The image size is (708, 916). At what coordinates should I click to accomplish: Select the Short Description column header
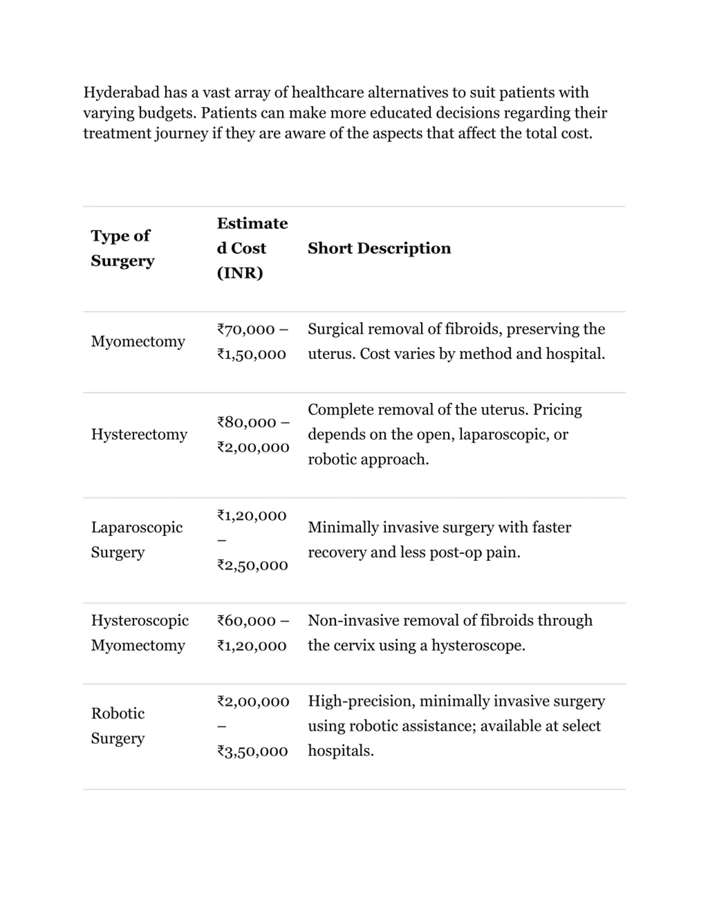coord(379,248)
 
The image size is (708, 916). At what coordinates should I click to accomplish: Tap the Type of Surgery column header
coord(123,248)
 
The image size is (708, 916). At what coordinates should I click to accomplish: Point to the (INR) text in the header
coord(240,273)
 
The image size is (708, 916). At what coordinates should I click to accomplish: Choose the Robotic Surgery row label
coord(118,726)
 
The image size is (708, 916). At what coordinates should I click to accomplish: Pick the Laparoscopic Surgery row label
coord(137,540)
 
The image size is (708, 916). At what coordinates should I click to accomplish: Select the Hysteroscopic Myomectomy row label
coord(140,633)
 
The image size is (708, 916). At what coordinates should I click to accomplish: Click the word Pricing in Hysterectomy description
coord(557,410)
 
